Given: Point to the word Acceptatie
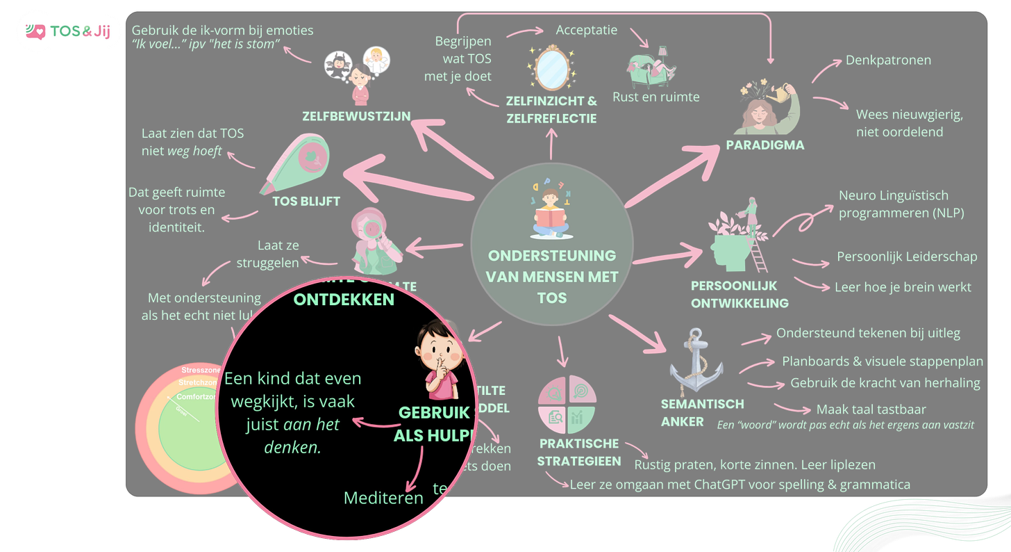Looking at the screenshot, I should coord(587,31).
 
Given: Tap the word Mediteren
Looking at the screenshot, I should coord(383,498).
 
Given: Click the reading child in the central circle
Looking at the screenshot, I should coord(551,210).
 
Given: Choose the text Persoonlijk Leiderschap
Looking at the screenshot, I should coord(907,257).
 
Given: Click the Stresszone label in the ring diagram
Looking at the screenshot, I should coord(201,370).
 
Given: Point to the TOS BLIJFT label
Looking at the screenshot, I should coord(306,202).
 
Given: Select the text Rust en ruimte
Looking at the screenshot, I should coord(655,97).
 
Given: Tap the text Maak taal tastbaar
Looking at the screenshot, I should coord(871,409).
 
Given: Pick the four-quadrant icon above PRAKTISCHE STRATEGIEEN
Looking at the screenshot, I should coord(567,405).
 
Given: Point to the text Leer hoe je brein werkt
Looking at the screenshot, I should coord(903,286).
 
